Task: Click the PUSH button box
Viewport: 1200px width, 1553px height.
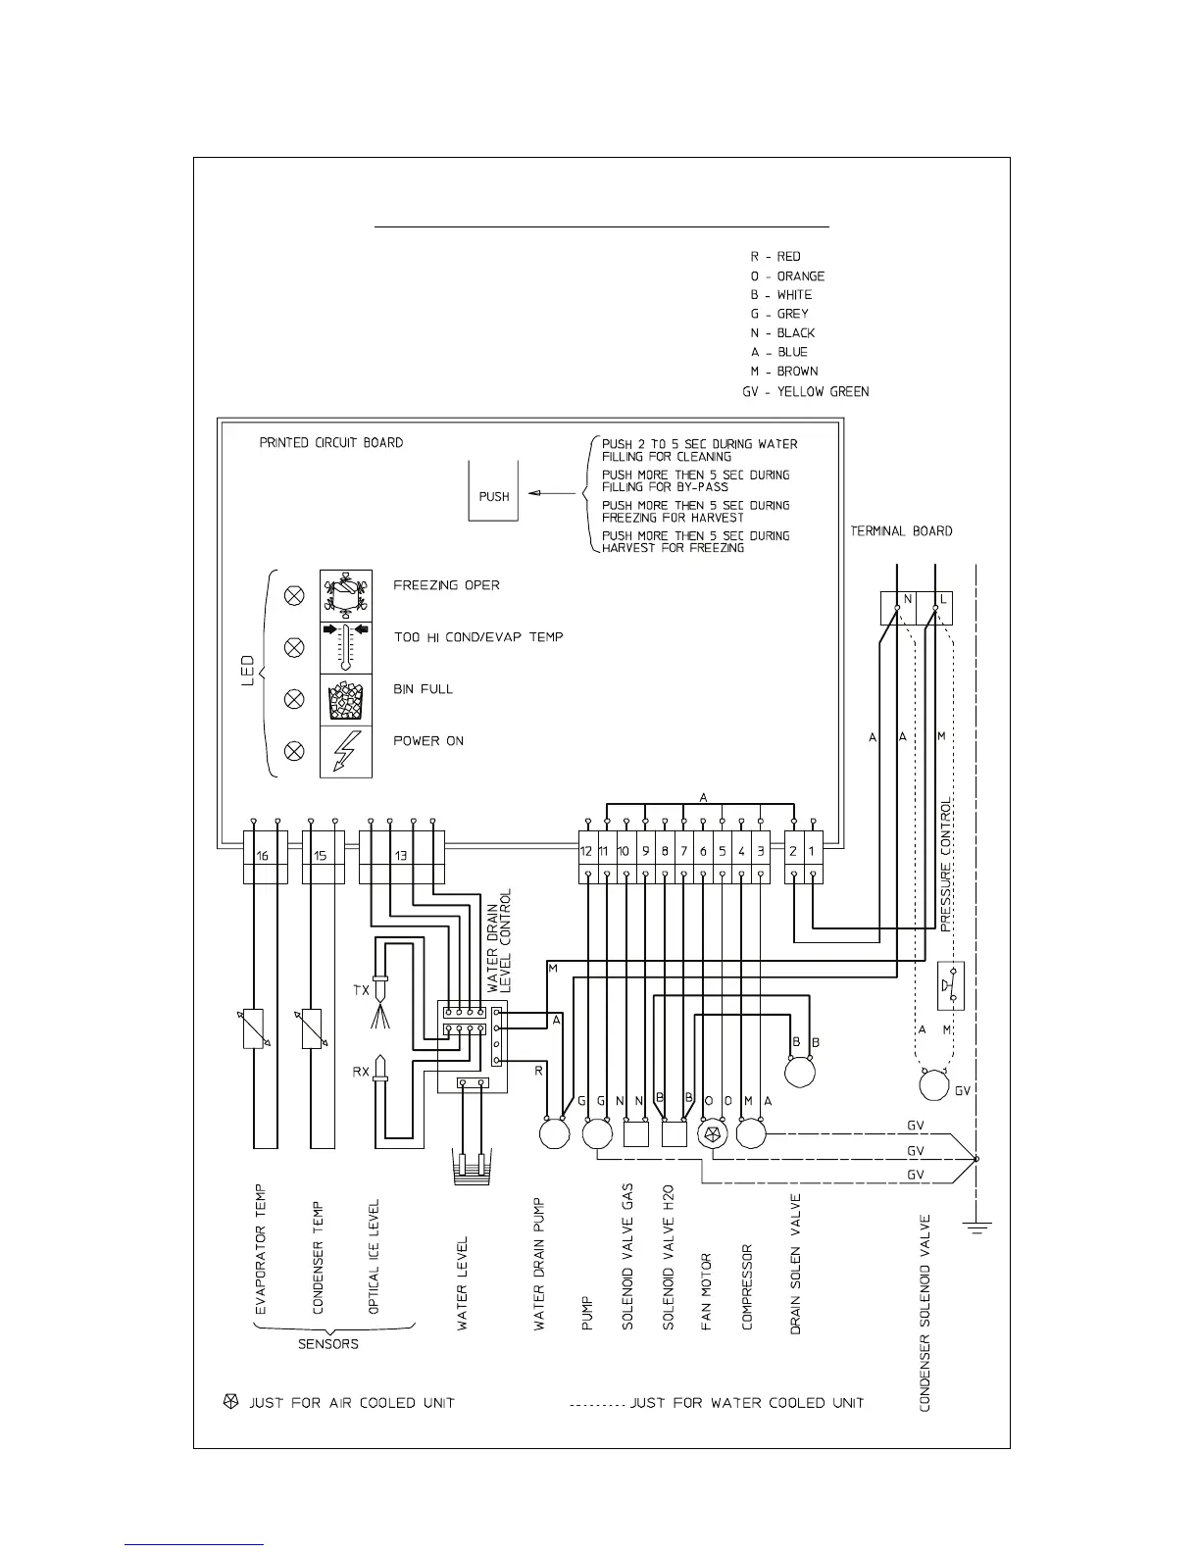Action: click(x=493, y=491)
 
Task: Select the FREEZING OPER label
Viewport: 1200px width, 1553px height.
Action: click(x=446, y=585)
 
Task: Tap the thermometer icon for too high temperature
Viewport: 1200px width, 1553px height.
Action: click(x=345, y=647)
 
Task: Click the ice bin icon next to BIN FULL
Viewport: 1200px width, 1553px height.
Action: click(x=345, y=699)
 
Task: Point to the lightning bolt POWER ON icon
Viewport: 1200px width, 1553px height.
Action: click(x=345, y=752)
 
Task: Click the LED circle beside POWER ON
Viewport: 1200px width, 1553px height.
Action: click(x=293, y=752)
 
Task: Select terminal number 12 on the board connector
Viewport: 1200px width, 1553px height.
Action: click(x=586, y=851)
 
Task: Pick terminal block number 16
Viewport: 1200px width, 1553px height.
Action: click(x=263, y=856)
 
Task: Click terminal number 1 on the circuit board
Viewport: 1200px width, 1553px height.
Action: click(x=812, y=851)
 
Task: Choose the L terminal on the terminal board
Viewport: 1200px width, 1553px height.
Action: click(x=941, y=600)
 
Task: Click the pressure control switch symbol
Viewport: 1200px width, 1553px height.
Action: click(x=950, y=985)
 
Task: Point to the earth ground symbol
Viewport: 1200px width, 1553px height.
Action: click(x=976, y=1226)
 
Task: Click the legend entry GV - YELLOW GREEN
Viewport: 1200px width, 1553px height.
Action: click(x=805, y=391)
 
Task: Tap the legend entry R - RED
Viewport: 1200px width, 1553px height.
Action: click(x=775, y=256)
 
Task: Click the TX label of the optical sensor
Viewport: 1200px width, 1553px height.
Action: click(x=361, y=990)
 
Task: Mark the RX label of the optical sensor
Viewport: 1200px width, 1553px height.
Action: click(x=361, y=1072)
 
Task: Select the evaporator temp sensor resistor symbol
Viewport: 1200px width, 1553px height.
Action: click(x=254, y=1028)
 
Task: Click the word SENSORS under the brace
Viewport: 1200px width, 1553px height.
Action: click(x=328, y=1344)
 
